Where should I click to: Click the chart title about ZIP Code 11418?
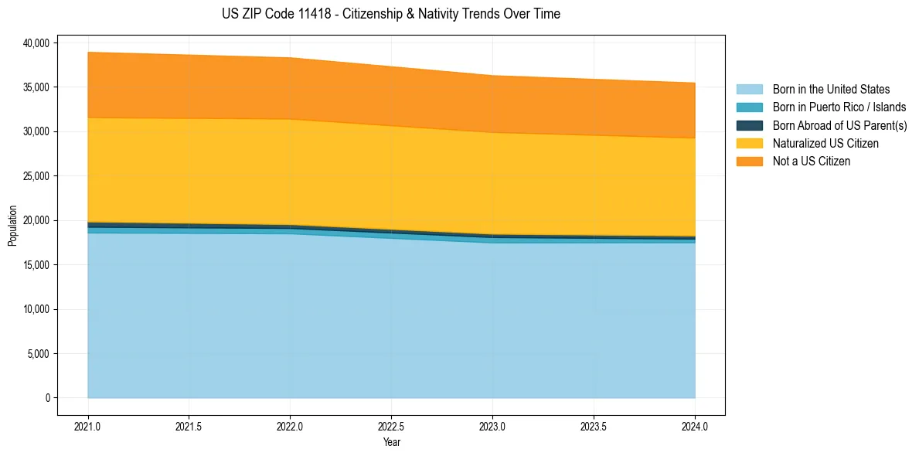391,14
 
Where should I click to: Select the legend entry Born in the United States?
831,90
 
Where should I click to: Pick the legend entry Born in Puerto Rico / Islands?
839,107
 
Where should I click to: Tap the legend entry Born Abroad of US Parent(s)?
839,125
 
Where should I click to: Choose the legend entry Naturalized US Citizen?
825,143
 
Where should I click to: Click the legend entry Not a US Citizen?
811,161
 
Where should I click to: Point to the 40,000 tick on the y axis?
36,43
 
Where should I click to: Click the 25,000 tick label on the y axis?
36,176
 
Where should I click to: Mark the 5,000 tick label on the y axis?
38,354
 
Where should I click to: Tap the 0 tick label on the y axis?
46,398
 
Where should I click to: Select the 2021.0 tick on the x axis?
87,426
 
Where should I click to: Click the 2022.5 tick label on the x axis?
391,426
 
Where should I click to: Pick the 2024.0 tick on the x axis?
695,426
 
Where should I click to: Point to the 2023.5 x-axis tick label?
594,426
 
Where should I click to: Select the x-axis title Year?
391,443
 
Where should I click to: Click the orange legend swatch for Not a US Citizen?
749,161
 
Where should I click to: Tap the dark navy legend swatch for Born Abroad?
749,125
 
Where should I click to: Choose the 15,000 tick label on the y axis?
36,265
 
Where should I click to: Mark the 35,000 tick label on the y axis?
36,87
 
